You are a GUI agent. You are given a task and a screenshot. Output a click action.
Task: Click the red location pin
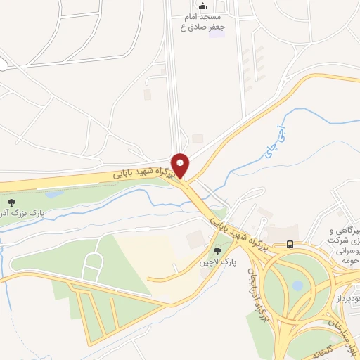pos(181,165)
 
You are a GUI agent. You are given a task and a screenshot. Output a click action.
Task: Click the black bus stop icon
pos(290,245)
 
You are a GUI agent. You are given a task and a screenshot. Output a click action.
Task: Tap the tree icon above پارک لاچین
pos(217,250)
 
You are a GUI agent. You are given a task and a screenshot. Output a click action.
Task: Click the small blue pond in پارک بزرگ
pos(53,194)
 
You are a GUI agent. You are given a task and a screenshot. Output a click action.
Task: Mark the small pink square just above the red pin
pos(198,137)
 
